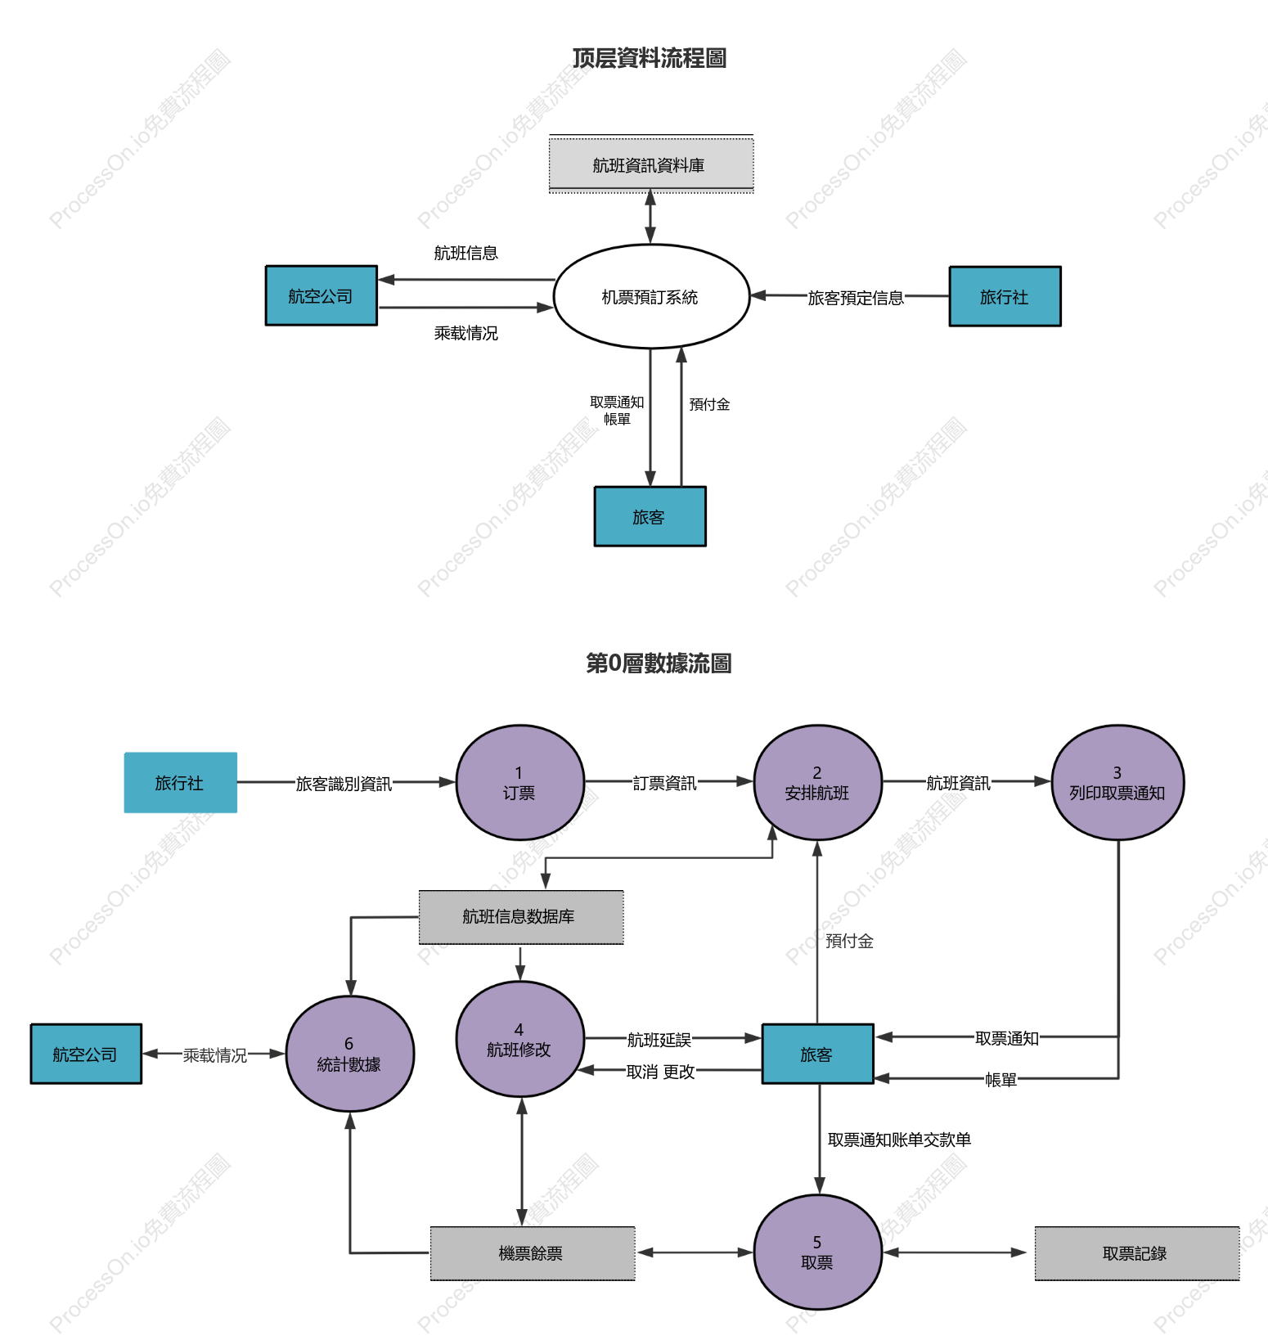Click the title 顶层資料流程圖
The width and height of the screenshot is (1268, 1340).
click(x=650, y=58)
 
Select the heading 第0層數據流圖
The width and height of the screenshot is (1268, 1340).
click(x=659, y=663)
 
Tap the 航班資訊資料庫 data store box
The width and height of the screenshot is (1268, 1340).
click(x=651, y=164)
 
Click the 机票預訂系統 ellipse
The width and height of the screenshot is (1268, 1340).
click(x=651, y=296)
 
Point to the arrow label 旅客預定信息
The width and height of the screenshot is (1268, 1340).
click(x=856, y=298)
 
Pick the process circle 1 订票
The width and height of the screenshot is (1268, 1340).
click(x=519, y=782)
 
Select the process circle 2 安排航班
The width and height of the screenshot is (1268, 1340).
click(x=817, y=782)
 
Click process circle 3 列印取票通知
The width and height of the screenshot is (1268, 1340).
click(x=1117, y=782)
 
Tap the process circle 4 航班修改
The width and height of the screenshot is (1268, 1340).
click(x=519, y=1039)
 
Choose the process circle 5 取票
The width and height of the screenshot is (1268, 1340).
click(x=817, y=1252)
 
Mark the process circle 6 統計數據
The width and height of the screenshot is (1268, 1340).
click(x=350, y=1054)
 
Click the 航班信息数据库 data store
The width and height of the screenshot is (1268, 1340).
click(x=521, y=917)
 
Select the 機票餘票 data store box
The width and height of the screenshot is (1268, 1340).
click(x=533, y=1252)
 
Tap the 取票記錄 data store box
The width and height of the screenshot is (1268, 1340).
click(x=1137, y=1252)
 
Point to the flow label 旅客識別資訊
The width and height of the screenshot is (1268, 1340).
click(x=344, y=784)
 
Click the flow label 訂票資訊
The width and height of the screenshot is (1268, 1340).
click(x=664, y=783)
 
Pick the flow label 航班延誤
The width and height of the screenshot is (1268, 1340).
click(x=659, y=1040)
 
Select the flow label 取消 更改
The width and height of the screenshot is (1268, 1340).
click(x=661, y=1072)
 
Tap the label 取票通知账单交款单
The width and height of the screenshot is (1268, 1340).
click(x=899, y=1140)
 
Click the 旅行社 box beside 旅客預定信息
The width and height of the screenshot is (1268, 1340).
click(x=1005, y=296)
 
